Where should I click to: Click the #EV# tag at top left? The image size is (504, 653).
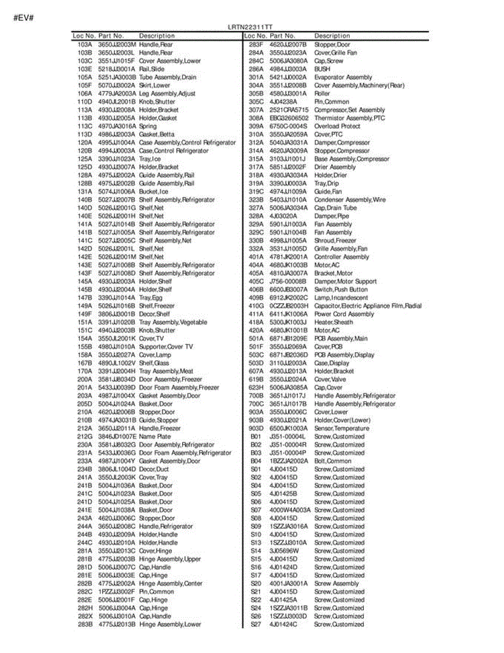(24, 17)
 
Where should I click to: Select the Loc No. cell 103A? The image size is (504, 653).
(85, 45)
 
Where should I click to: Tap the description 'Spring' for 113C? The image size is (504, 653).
(148, 126)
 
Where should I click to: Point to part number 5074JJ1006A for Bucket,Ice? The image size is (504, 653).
(117, 192)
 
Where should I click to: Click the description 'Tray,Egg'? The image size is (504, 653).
(152, 298)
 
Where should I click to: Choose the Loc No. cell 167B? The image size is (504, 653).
(85, 363)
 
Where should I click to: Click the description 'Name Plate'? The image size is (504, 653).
(155, 436)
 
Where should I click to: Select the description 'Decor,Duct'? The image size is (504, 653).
(154, 469)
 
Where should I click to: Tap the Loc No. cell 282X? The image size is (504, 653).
(85, 616)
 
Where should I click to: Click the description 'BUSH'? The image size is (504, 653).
(322, 69)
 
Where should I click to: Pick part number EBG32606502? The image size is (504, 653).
(289, 118)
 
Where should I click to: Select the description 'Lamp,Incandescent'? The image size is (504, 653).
(341, 298)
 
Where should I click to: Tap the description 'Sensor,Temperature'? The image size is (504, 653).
(341, 428)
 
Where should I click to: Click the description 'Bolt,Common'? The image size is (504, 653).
(333, 461)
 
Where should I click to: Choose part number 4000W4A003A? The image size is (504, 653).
(290, 510)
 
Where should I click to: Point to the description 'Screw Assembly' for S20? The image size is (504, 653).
(337, 583)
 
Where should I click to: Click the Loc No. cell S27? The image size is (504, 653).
(256, 624)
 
